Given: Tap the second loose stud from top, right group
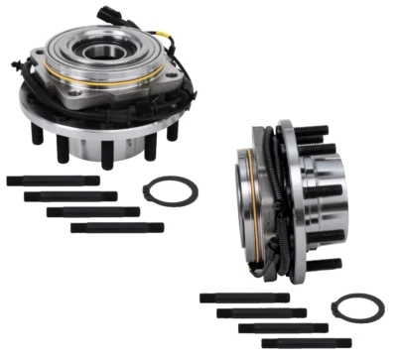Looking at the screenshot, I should (x=260, y=312).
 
